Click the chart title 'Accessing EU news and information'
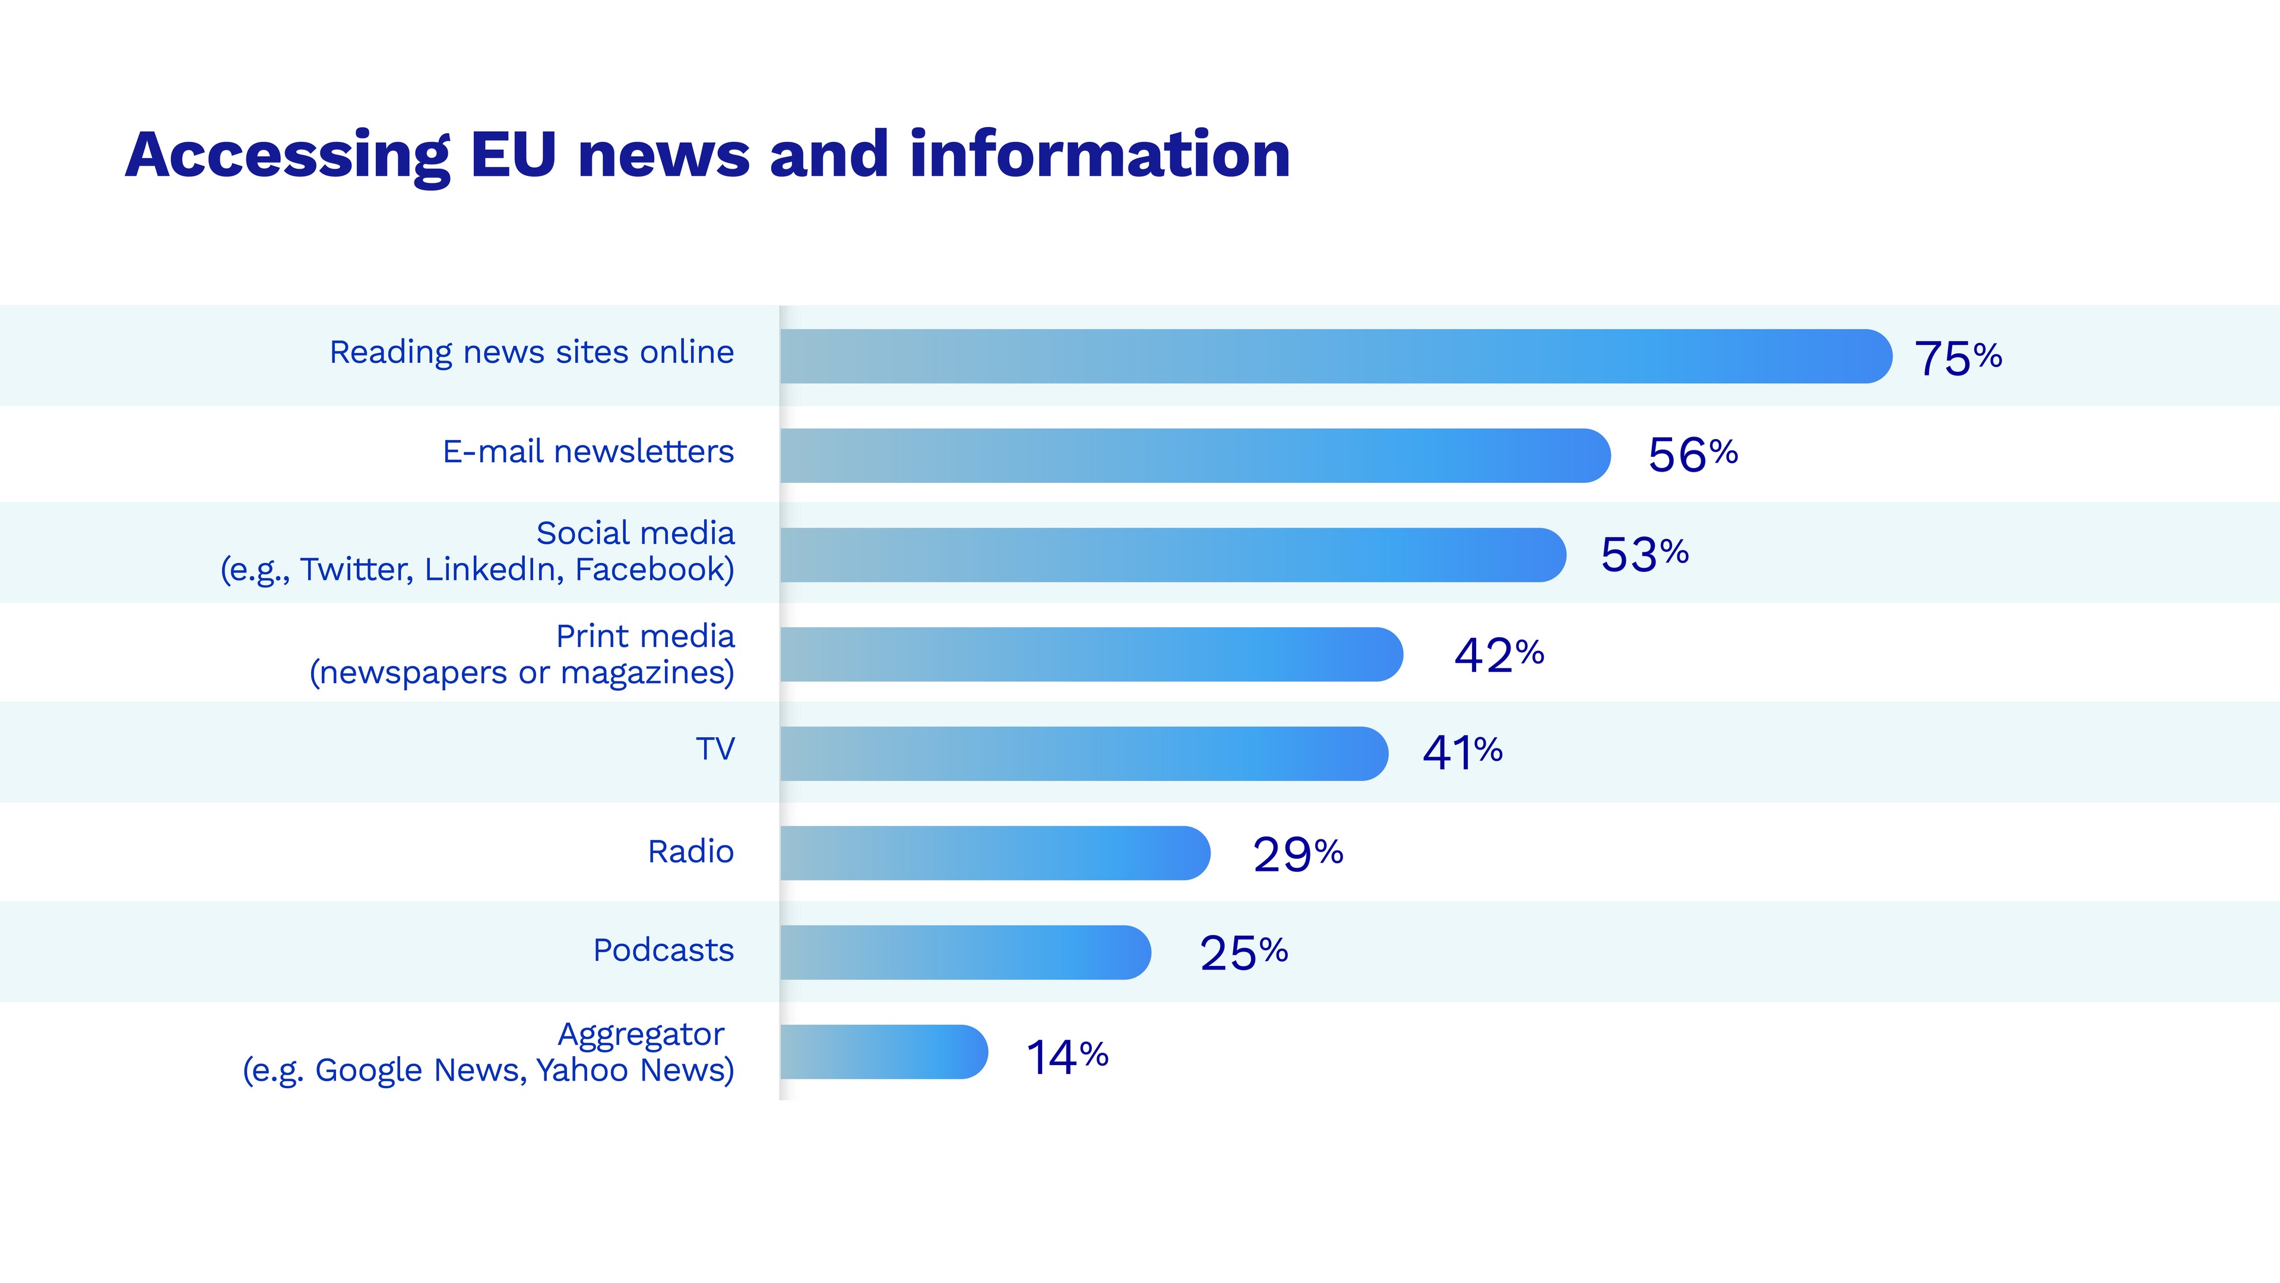(707, 155)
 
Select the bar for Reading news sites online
(1335, 356)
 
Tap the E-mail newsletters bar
(1194, 455)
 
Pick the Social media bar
(1172, 555)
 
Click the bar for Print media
(1091, 655)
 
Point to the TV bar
(1084, 754)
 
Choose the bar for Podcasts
(965, 952)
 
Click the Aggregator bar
(883, 1052)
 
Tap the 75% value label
(1958, 358)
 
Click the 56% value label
(1692, 455)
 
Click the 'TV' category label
(715, 749)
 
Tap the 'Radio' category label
(691, 852)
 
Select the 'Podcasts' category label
(663, 950)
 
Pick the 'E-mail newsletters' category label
(588, 451)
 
